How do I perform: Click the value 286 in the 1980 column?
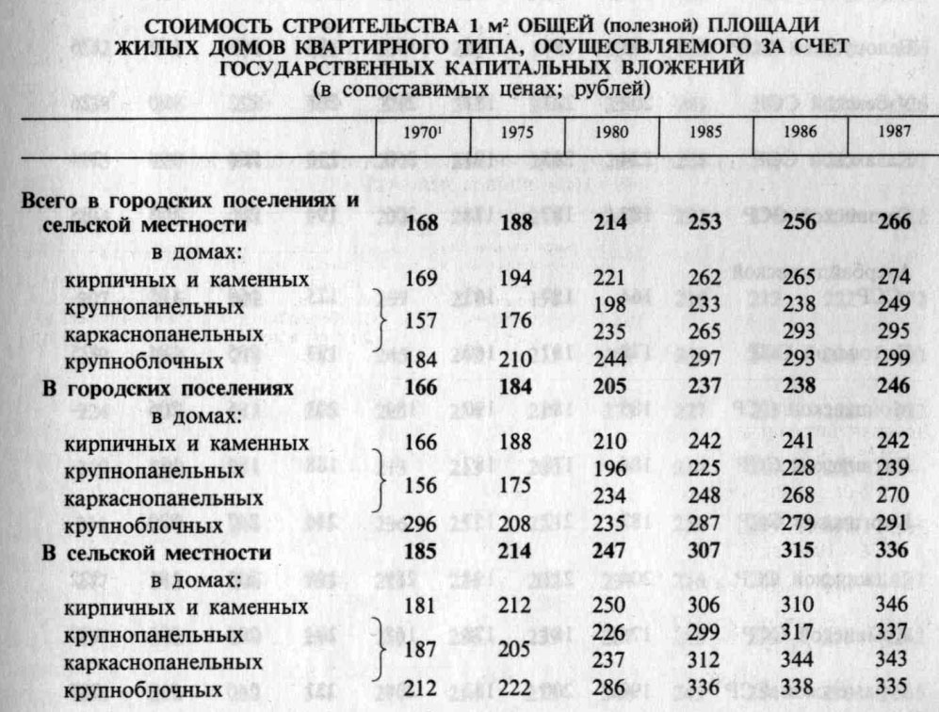[x=613, y=691]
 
